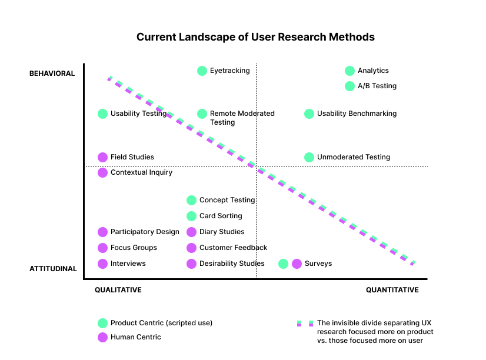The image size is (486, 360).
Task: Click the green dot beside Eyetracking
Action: point(202,71)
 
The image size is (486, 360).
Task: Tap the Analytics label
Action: point(373,71)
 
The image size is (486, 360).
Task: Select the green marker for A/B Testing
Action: point(349,86)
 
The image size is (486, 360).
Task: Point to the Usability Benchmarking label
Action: point(357,114)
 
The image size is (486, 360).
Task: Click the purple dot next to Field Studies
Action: point(102,158)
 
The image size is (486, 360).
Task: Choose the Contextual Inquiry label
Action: point(141,172)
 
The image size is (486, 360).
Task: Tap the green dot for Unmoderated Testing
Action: point(309,158)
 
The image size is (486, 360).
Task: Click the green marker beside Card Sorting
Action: point(192,216)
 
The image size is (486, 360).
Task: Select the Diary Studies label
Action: point(222,232)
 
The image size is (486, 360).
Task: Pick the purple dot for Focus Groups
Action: point(102,248)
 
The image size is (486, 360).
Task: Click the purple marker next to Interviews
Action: point(102,264)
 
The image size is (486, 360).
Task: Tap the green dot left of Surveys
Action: point(283,264)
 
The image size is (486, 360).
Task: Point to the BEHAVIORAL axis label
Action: point(52,74)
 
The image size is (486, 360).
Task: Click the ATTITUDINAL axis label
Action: point(53,269)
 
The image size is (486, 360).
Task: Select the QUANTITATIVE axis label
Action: point(392,290)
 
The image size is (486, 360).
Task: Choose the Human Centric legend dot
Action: point(102,338)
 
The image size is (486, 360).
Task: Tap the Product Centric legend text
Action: point(161,323)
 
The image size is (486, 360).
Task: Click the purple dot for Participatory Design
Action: point(102,232)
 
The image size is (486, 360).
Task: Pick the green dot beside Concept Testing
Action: point(192,200)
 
